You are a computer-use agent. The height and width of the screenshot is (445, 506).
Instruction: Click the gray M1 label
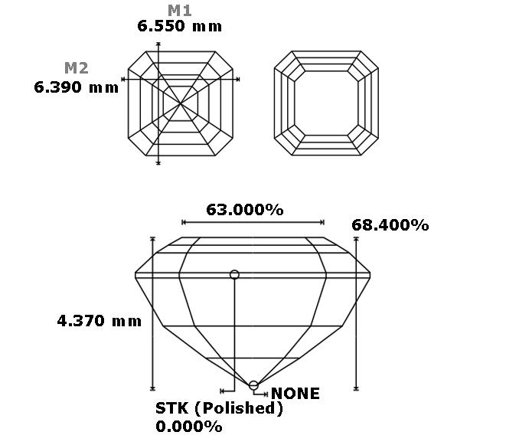pyautogui.click(x=180, y=11)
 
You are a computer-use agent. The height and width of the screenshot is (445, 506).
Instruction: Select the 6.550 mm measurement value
pyautogui.click(x=179, y=26)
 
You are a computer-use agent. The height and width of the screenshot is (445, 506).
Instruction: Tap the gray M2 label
pyautogui.click(x=77, y=68)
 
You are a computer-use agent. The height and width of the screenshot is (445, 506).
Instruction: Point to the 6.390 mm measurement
pyautogui.click(x=76, y=87)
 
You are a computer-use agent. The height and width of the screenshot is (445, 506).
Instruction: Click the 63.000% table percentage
pyautogui.click(x=245, y=210)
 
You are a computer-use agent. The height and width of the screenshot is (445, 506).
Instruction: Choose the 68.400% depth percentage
pyautogui.click(x=390, y=225)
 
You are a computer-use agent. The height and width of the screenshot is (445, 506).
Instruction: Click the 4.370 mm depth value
pyautogui.click(x=99, y=321)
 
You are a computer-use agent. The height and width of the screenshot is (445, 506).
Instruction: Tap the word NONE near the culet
pyautogui.click(x=295, y=394)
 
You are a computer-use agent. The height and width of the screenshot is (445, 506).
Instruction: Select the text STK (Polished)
pyautogui.click(x=219, y=408)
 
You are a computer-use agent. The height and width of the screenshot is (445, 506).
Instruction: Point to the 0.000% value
pyautogui.click(x=189, y=427)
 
